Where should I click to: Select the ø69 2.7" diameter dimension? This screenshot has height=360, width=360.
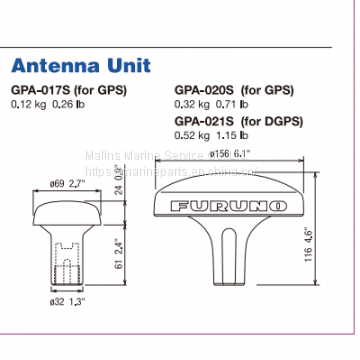(x=65, y=182)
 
